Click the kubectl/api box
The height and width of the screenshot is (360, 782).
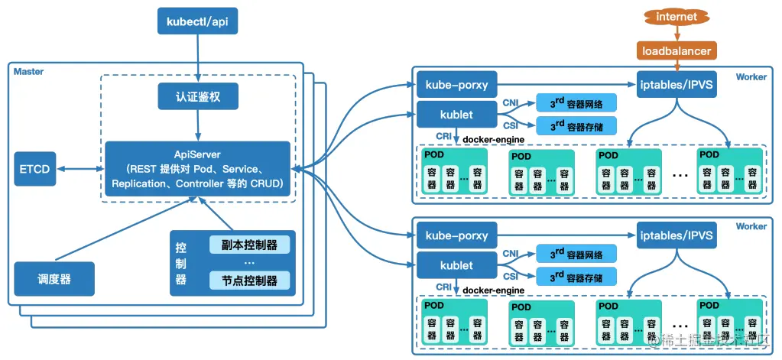196,21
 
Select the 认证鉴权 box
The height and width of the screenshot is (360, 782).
198,96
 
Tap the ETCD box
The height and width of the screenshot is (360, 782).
35,168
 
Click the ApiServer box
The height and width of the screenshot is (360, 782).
197,170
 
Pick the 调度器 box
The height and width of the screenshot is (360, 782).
54,279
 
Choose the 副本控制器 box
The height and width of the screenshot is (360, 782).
249,245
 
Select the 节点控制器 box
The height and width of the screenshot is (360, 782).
249,281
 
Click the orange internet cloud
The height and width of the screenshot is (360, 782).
677,17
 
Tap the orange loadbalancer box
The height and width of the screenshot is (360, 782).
677,51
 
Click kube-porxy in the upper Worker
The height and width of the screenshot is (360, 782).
456,86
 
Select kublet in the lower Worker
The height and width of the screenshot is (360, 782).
456,265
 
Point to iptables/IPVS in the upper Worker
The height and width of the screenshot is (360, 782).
677,84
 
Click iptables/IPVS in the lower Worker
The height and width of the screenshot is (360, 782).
677,235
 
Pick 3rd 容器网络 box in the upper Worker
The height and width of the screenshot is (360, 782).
576,103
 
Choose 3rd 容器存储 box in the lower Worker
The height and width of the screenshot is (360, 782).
576,276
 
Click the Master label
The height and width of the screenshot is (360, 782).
28,72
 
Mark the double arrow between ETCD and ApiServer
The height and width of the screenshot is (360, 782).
80,169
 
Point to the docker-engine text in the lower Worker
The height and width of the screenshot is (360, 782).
493,290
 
